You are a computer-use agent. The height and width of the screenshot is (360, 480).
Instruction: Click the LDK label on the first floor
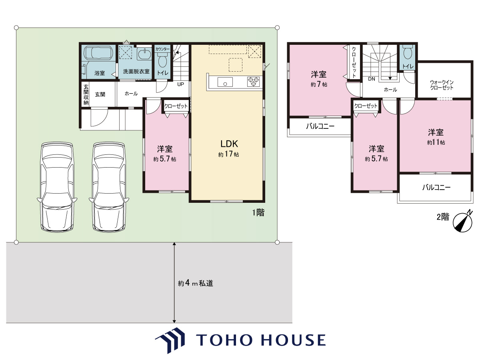pyautogui.click(x=229, y=144)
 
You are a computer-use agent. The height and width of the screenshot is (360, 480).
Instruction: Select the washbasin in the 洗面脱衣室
pyautogui.click(x=144, y=54)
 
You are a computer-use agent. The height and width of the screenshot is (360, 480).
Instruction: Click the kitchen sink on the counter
pyautogui.click(x=225, y=82)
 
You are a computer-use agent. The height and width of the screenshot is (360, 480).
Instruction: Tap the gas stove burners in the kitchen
pyautogui.click(x=254, y=82)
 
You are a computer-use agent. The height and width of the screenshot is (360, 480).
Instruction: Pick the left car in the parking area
pyautogui.click(x=57, y=187)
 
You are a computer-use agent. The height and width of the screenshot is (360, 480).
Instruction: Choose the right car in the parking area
pyautogui.click(x=109, y=187)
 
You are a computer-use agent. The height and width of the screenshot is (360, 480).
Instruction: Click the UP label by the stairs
pyautogui.click(x=180, y=84)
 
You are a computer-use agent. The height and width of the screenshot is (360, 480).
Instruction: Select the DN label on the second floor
pyautogui.click(x=372, y=79)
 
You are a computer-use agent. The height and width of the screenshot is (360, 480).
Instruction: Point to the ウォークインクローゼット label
pyautogui.click(x=442, y=85)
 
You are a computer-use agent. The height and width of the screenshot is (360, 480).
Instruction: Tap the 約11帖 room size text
pyautogui.click(x=436, y=142)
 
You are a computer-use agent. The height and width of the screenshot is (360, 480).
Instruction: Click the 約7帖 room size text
pyautogui.click(x=319, y=84)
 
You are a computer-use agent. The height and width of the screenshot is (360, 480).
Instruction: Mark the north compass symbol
pyautogui.click(x=462, y=222)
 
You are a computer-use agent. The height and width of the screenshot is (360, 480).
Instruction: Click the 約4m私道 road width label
pyautogui.click(x=196, y=283)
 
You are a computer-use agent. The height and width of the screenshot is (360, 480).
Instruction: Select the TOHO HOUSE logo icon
pyautogui.click(x=170, y=340)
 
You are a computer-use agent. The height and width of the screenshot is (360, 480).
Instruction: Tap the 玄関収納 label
pyautogui.click(x=86, y=95)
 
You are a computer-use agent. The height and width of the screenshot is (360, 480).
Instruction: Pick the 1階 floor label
pyautogui.click(x=258, y=212)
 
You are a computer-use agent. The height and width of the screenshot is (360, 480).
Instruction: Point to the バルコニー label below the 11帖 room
pyautogui.click(x=436, y=187)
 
